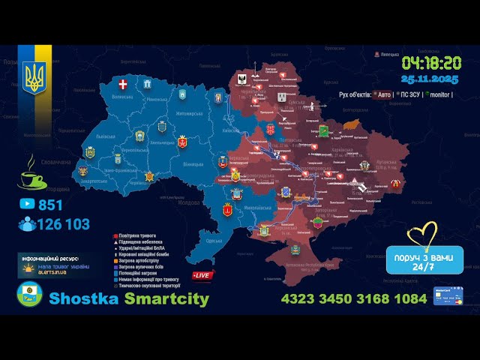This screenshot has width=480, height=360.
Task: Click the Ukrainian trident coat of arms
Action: [x=34, y=76]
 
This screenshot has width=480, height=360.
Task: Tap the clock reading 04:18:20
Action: [x=431, y=63]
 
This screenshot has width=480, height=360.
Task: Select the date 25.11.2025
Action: [x=430, y=79]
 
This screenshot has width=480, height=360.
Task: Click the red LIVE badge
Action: [x=201, y=275]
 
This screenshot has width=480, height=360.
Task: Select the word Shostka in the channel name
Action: [x=82, y=298]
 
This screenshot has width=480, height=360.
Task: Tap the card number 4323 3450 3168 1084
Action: [x=353, y=298]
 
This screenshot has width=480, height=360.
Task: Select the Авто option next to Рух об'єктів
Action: [x=383, y=95]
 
